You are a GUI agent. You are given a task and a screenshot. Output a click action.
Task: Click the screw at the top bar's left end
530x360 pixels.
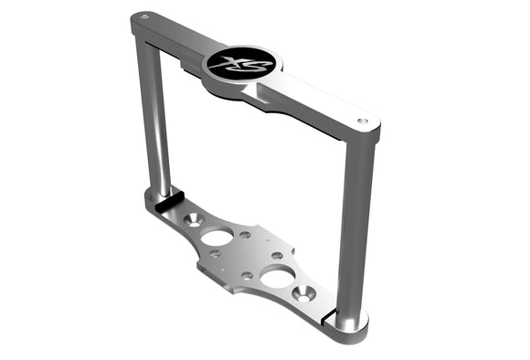coord(142,17)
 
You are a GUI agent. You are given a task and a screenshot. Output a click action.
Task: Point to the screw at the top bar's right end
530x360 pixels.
coord(363,121)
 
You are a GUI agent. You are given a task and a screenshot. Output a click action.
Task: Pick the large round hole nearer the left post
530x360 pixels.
coord(217,237)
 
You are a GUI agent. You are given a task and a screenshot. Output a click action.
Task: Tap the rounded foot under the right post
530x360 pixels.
coord(349,322)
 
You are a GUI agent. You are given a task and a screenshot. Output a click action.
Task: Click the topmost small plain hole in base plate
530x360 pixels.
coord(245,235)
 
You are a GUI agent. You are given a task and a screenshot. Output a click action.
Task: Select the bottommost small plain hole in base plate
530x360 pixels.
coord(247,275)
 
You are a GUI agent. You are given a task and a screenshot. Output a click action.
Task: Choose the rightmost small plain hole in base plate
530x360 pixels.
coord(277,256)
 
